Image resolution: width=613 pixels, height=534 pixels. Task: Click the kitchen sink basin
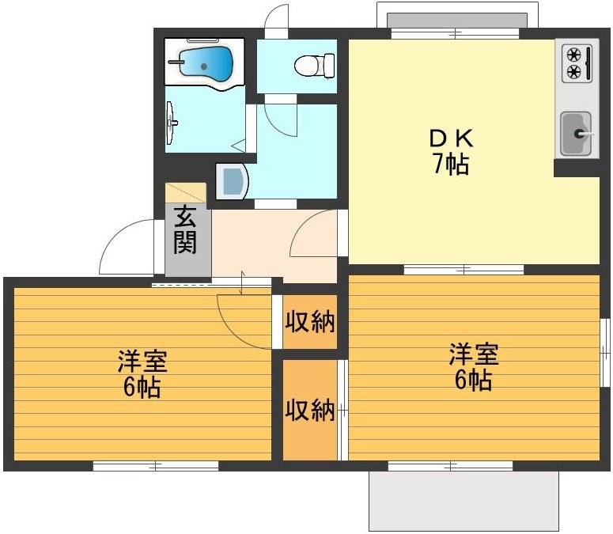click(x=576, y=133)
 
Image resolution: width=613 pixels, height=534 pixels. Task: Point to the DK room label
click(x=451, y=138)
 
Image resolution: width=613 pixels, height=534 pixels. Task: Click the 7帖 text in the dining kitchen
click(x=451, y=165)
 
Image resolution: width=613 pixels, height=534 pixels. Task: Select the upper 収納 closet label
click(x=310, y=322)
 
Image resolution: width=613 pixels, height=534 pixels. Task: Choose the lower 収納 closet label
click(x=310, y=411)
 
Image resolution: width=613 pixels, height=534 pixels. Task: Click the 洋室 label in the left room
click(x=142, y=362)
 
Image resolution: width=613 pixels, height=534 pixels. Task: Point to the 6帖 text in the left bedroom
click(x=142, y=388)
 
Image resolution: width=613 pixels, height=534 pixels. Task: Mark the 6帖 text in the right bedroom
click(x=474, y=381)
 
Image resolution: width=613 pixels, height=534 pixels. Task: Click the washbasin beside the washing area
click(x=233, y=180)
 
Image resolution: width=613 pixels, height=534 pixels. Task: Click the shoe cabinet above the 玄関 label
click(x=185, y=193)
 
